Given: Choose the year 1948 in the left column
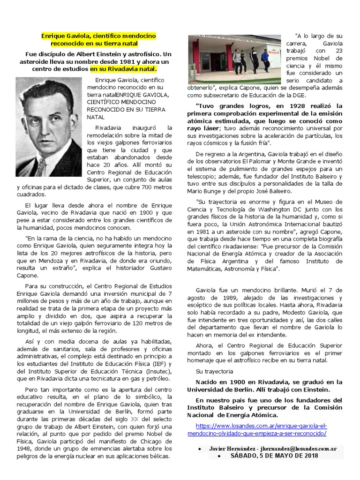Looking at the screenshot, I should pos(24,449).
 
